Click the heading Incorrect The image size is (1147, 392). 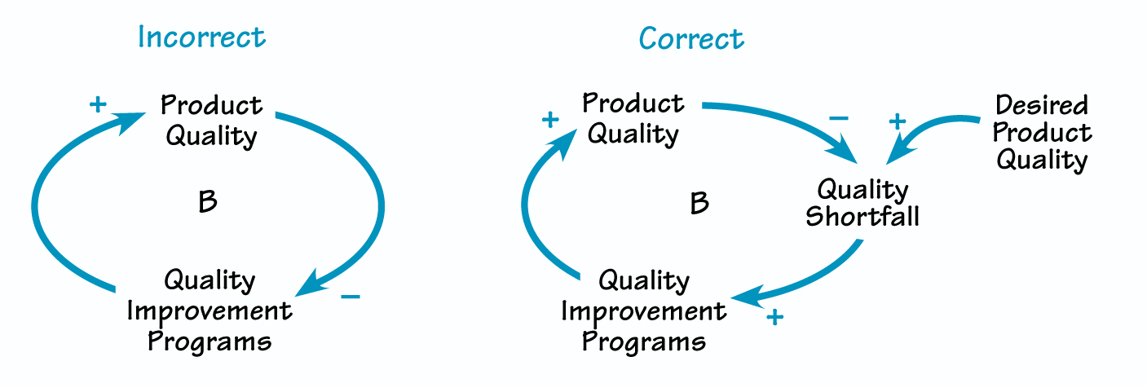[x=201, y=37]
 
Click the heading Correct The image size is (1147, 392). [x=691, y=38]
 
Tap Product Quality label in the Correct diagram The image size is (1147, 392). [x=633, y=118]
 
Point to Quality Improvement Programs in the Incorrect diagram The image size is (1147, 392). [x=210, y=311]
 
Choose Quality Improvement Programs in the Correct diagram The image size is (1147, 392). [x=644, y=311]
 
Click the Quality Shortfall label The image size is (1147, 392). [x=862, y=203]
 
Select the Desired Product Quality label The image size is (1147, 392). [x=1042, y=132]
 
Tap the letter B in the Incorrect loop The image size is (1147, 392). [x=208, y=202]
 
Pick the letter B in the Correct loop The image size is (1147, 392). [x=699, y=203]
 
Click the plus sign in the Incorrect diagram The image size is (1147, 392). [x=98, y=105]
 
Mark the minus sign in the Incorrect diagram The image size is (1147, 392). [x=350, y=296]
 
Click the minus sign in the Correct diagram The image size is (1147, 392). [x=838, y=118]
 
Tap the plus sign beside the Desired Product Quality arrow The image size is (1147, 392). [x=897, y=122]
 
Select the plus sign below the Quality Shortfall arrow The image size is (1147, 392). [x=774, y=316]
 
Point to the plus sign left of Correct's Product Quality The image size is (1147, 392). [x=550, y=121]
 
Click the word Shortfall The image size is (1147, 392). [x=862, y=217]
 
